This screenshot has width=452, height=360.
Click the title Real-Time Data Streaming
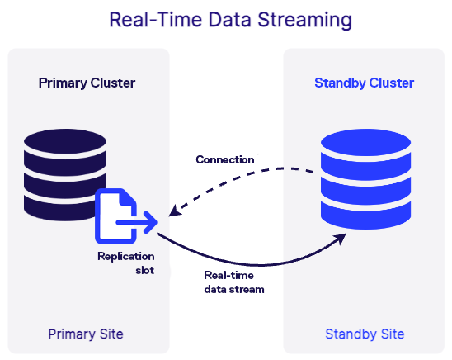coord(225,21)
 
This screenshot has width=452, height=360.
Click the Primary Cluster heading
coord(87,83)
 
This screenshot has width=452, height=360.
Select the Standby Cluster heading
coord(364,83)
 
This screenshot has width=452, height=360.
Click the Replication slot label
coord(125,263)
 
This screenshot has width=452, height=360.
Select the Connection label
coord(224,159)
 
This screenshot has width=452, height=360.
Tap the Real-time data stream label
coord(233,282)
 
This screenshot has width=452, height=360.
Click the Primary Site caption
coord(86,334)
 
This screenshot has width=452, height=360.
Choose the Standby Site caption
coord(365,334)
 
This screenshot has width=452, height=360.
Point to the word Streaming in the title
coord(299,21)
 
